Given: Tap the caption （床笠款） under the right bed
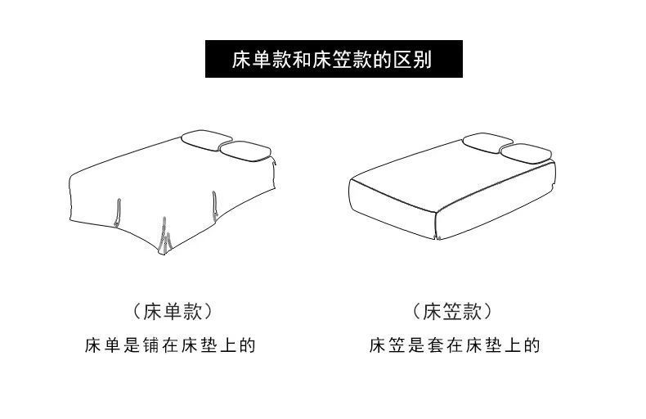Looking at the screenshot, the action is [453, 312].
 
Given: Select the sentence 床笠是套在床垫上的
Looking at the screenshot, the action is [454, 345].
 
